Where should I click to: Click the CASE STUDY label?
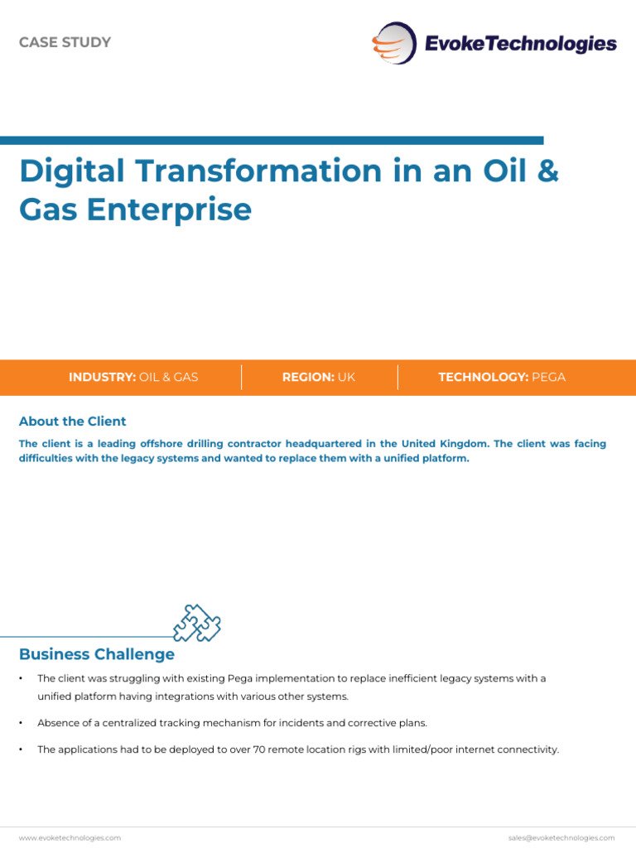[65, 42]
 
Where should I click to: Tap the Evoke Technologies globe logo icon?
[393, 43]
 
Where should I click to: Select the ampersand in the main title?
[547, 171]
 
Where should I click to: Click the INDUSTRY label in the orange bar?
[102, 377]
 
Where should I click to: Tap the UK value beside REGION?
[346, 377]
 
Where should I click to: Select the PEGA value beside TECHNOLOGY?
[548, 377]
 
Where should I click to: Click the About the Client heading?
[73, 422]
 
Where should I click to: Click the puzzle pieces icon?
[197, 623]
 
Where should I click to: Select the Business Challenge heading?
[97, 654]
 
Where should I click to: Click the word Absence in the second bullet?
[57, 723]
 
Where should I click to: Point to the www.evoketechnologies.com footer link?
[70, 837]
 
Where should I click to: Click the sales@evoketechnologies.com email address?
[561, 837]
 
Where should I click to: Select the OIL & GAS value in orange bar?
[169, 377]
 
